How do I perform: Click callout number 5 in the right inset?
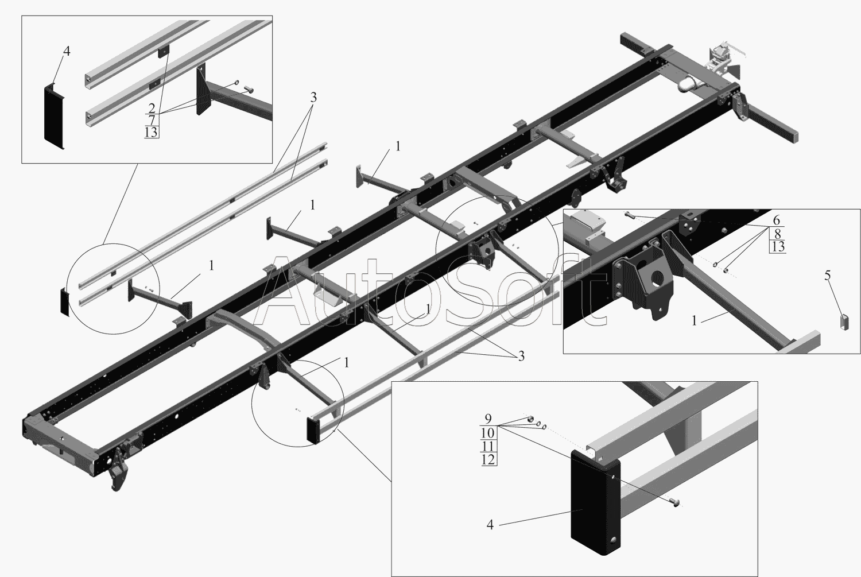827,275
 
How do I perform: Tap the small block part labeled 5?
843,322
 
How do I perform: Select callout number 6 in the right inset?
777,220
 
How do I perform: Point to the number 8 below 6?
777,233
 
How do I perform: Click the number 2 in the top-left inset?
152,107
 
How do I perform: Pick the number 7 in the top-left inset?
152,120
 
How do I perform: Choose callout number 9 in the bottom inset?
488,418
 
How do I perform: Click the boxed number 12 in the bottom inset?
488,459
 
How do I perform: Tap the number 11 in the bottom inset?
488,446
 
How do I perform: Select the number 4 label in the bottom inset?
490,525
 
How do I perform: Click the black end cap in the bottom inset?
595,508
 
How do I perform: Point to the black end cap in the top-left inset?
54,117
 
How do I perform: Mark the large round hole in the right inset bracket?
658,277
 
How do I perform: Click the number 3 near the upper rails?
313,98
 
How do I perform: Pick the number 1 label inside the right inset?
694,320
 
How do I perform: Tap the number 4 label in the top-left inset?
67,51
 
